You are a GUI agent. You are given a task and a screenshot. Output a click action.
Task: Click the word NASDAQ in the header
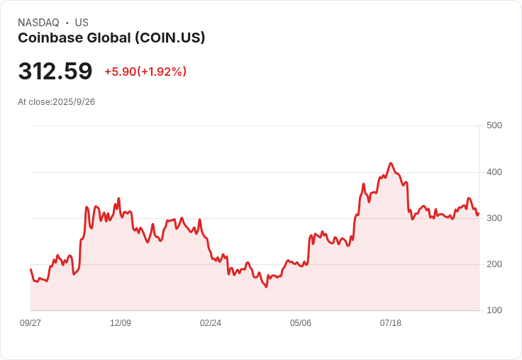click(x=38, y=23)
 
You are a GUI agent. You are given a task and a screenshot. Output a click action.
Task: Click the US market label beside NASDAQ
click(x=82, y=23)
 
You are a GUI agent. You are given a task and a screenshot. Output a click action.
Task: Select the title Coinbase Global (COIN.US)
click(x=111, y=38)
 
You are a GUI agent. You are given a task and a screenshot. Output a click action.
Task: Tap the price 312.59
click(x=55, y=71)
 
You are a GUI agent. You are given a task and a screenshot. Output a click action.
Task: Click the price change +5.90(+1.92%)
click(x=145, y=72)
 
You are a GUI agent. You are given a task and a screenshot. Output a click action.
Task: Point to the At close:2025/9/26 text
click(x=57, y=102)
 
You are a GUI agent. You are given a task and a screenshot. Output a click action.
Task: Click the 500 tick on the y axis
click(x=494, y=125)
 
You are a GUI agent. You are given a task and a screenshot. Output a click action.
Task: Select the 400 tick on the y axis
click(x=494, y=172)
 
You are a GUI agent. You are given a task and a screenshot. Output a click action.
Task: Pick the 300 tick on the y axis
click(x=494, y=218)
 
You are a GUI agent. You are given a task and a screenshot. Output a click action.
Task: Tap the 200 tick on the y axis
click(x=494, y=264)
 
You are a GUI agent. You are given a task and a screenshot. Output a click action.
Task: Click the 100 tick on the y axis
click(x=494, y=310)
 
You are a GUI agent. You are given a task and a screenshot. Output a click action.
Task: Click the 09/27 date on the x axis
click(x=30, y=323)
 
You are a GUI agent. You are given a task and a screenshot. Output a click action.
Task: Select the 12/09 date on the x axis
click(x=121, y=323)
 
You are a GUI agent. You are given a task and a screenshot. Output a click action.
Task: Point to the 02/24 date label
click(x=211, y=323)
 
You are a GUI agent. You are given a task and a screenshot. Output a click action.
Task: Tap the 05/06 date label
click(x=301, y=323)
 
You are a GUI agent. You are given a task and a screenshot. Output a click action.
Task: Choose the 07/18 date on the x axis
click(x=391, y=323)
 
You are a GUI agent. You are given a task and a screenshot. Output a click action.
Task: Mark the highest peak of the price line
click(x=391, y=163)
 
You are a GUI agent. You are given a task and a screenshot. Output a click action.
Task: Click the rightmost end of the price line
click(x=479, y=213)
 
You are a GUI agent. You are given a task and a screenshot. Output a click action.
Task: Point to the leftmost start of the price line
click(x=30, y=269)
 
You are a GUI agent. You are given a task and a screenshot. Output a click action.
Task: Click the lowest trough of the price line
click(x=266, y=287)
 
